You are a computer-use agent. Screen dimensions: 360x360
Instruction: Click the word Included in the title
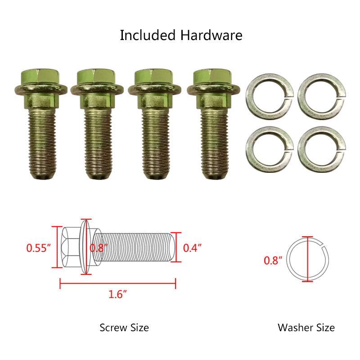point(148,36)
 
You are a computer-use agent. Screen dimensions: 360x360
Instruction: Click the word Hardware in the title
point(211,36)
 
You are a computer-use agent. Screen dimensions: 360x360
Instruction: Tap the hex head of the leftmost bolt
point(40,76)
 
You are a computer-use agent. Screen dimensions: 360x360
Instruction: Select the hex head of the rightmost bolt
point(212,76)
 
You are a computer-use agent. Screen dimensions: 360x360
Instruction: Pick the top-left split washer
point(270,96)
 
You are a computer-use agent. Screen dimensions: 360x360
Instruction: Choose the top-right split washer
point(322,96)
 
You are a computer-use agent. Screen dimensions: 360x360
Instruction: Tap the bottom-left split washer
point(270,149)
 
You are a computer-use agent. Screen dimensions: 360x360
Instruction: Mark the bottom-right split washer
point(322,149)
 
